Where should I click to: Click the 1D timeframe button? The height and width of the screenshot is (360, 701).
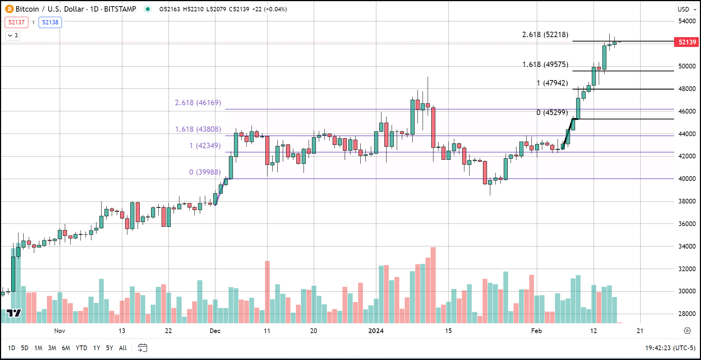click(x=12, y=348)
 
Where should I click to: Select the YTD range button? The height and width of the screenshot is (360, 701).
click(x=81, y=348)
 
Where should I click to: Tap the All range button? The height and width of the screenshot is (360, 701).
click(x=123, y=348)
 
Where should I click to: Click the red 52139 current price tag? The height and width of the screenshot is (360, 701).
click(x=687, y=42)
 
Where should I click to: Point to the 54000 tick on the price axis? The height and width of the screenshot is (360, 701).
click(x=687, y=21)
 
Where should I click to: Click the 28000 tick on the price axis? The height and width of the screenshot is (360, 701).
click(x=687, y=314)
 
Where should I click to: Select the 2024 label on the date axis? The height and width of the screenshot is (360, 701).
click(x=376, y=331)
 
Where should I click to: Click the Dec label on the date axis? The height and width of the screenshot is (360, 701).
click(x=215, y=331)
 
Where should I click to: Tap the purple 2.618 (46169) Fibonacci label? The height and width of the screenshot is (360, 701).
click(x=198, y=103)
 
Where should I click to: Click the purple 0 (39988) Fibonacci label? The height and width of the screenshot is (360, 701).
click(x=205, y=172)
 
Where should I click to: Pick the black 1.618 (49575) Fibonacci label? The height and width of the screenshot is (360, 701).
click(x=545, y=64)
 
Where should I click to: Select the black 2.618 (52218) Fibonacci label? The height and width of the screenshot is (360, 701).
click(x=545, y=35)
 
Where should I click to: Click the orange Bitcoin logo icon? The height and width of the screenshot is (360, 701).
click(x=9, y=9)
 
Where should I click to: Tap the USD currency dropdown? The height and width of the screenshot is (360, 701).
click(x=686, y=9)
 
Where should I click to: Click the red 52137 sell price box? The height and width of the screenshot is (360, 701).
click(x=16, y=22)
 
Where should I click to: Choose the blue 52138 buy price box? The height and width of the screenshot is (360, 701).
click(x=50, y=22)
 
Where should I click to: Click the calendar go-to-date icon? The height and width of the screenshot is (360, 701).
click(x=143, y=348)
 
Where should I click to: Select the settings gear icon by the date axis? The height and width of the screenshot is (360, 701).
click(x=687, y=331)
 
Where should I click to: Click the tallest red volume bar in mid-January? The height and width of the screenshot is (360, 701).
click(x=433, y=285)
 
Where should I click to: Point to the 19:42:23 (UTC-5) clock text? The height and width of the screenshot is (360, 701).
click(x=670, y=348)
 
